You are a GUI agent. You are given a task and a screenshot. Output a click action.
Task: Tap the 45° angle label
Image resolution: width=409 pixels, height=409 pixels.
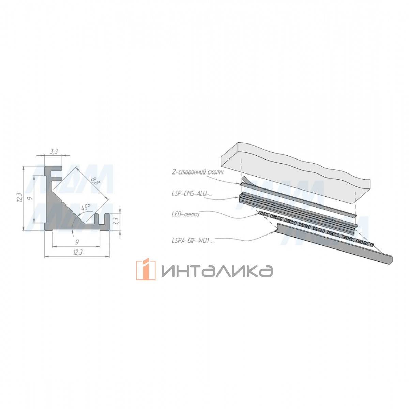point(86,207)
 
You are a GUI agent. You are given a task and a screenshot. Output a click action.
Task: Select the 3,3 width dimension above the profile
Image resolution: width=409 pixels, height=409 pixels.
point(54,152)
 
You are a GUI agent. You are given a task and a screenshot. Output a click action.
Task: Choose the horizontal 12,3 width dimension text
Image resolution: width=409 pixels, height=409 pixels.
point(78,252)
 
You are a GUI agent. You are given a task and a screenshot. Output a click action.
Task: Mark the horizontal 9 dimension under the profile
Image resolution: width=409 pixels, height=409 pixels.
point(77,242)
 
